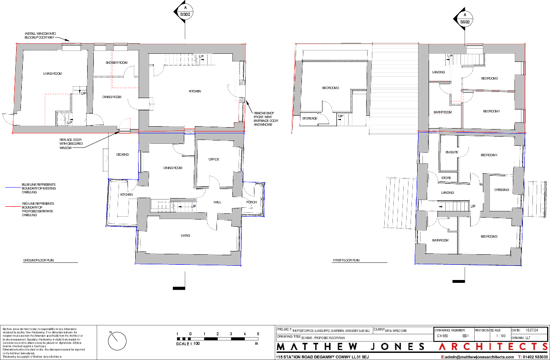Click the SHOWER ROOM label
pos(116,63)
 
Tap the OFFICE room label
pos(213,160)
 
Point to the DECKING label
pos(123,154)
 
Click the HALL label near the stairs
pos(218,202)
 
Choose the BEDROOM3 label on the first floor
pos(331,88)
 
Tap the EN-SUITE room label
pos(451,152)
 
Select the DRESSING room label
pos(501,190)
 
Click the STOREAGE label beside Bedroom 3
pos(310,119)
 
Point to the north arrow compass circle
pos(118,341)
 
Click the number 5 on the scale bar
pos(258,334)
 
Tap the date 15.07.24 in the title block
pos(532,330)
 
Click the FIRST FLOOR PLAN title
pos(346,261)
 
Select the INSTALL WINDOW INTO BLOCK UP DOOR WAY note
pos(40,35)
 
